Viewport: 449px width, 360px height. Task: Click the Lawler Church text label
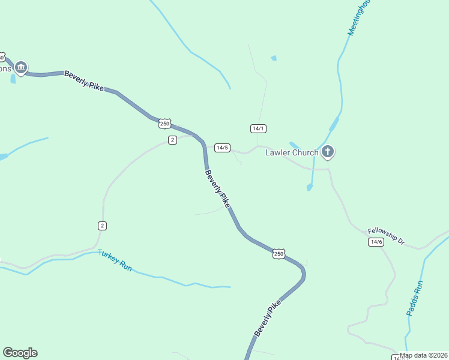point(292,152)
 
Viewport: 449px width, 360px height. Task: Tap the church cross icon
point(328,152)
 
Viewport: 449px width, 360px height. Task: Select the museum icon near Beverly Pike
point(21,68)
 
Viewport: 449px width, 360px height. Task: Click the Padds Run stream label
point(415,298)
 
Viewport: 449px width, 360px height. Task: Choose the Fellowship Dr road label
point(387,235)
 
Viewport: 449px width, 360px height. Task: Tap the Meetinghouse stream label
point(360,17)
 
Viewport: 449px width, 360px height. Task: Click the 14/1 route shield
point(258,128)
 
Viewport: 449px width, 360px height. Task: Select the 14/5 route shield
point(222,148)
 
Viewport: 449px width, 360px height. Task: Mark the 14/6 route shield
point(376,242)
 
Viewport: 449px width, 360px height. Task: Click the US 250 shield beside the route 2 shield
point(165,124)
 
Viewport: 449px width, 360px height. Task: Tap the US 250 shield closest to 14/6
point(279,254)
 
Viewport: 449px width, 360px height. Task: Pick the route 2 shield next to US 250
point(172,140)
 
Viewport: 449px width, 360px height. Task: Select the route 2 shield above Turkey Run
point(103,226)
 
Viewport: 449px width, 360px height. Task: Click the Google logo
point(20,353)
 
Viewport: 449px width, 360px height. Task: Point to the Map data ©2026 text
point(423,355)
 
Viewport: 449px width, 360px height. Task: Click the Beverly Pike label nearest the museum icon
point(83,79)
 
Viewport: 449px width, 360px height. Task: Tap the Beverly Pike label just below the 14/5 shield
point(217,189)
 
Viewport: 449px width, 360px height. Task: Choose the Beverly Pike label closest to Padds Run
point(267,319)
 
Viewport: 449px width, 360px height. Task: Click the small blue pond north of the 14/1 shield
point(274,58)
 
